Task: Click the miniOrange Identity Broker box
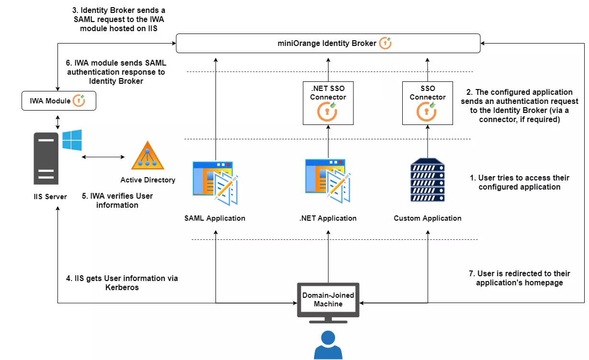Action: coord(328,44)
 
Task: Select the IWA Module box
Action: coord(59,101)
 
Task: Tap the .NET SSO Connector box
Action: coord(328,103)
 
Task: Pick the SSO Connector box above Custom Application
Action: coord(427,103)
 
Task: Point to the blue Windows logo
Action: coord(72,140)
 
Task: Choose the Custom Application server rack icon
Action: coord(427,180)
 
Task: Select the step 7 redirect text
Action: coord(519,278)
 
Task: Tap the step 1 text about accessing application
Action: coord(519,182)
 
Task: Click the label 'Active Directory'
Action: coord(147,180)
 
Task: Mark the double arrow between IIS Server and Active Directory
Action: coord(103,157)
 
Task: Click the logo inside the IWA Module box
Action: coord(79,101)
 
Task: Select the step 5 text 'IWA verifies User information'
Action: coord(117,201)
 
